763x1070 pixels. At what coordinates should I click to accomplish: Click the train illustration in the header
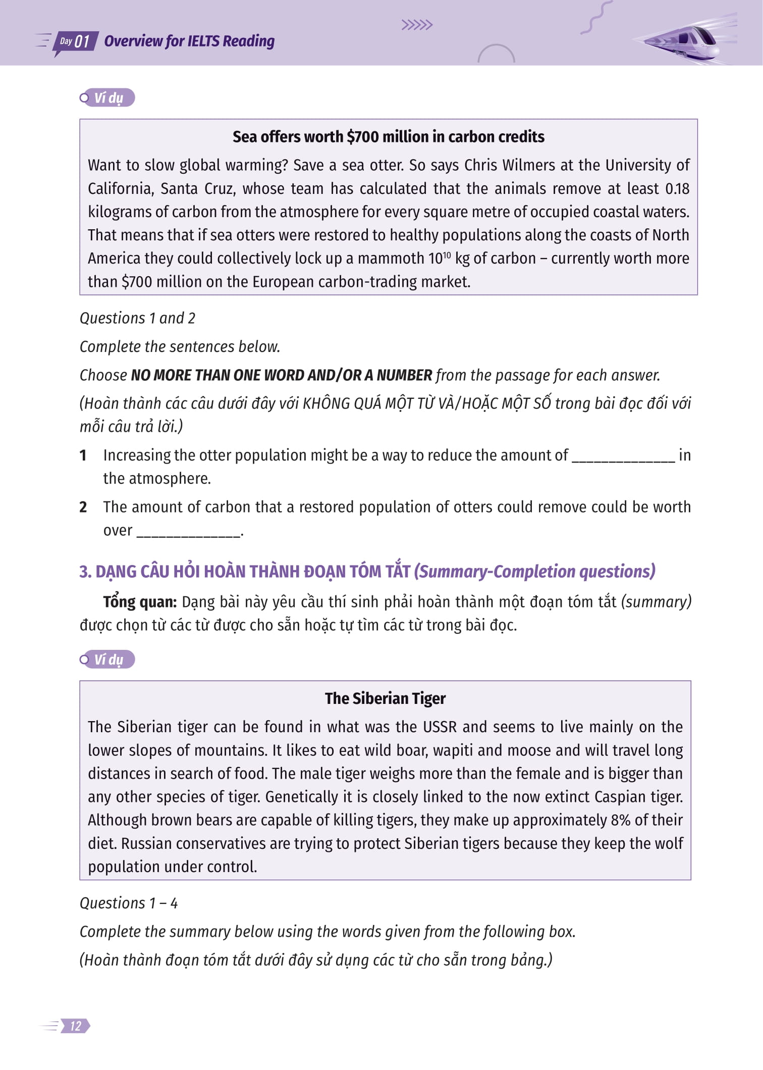[681, 40]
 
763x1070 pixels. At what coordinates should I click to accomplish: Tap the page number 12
[76, 1026]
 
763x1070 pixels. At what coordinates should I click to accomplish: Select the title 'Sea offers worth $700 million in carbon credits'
[388, 137]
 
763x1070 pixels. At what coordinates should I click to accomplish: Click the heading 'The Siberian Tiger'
[385, 698]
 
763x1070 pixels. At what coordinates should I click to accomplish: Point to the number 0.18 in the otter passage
[677, 189]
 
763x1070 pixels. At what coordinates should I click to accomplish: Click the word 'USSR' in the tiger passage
[440, 727]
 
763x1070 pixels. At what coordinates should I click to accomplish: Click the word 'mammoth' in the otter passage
[391, 259]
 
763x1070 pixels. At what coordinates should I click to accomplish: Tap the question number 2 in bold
[83, 507]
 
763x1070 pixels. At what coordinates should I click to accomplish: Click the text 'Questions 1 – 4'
[129, 903]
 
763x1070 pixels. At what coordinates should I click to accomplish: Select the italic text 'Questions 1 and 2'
[137, 319]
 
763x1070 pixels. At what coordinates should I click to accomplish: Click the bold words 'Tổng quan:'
[140, 602]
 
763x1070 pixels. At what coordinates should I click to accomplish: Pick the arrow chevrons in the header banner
[417, 25]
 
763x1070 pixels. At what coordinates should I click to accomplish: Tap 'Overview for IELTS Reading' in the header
[189, 41]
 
